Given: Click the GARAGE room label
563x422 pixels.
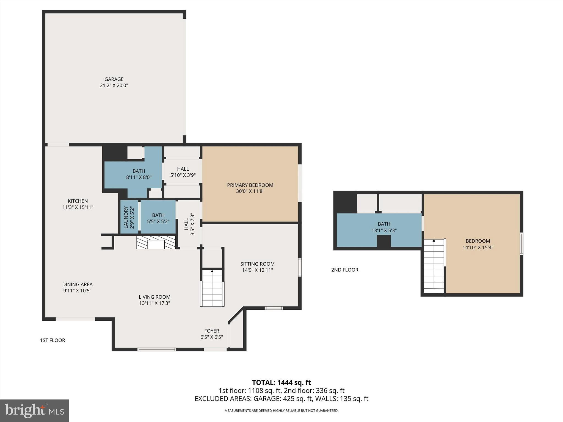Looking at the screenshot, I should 114,79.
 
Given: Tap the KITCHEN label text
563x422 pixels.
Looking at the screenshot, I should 78,201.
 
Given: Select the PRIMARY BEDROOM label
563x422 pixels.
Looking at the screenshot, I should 250,185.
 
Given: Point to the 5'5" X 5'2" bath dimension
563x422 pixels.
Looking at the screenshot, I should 158,221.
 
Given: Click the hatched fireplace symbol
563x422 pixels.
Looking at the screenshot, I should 156,242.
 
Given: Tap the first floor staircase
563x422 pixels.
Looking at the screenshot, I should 212,288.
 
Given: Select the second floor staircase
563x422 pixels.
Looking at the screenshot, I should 434,266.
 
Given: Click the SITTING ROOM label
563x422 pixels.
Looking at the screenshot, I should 257,264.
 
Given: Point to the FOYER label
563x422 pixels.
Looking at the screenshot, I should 211,331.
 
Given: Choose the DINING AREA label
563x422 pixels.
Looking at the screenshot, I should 77,284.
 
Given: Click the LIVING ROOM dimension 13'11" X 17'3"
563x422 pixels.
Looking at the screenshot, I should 154,303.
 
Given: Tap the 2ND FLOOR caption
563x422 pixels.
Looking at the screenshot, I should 345,270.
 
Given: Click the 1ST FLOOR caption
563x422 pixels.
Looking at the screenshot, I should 53,340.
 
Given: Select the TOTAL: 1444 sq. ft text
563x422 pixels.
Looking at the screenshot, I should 281,382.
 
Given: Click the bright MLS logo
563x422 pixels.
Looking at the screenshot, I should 34,410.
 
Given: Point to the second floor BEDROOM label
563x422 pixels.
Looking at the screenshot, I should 478,241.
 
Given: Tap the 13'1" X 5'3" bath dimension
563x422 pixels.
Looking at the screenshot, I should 384,231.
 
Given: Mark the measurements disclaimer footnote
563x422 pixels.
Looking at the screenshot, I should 281,411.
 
